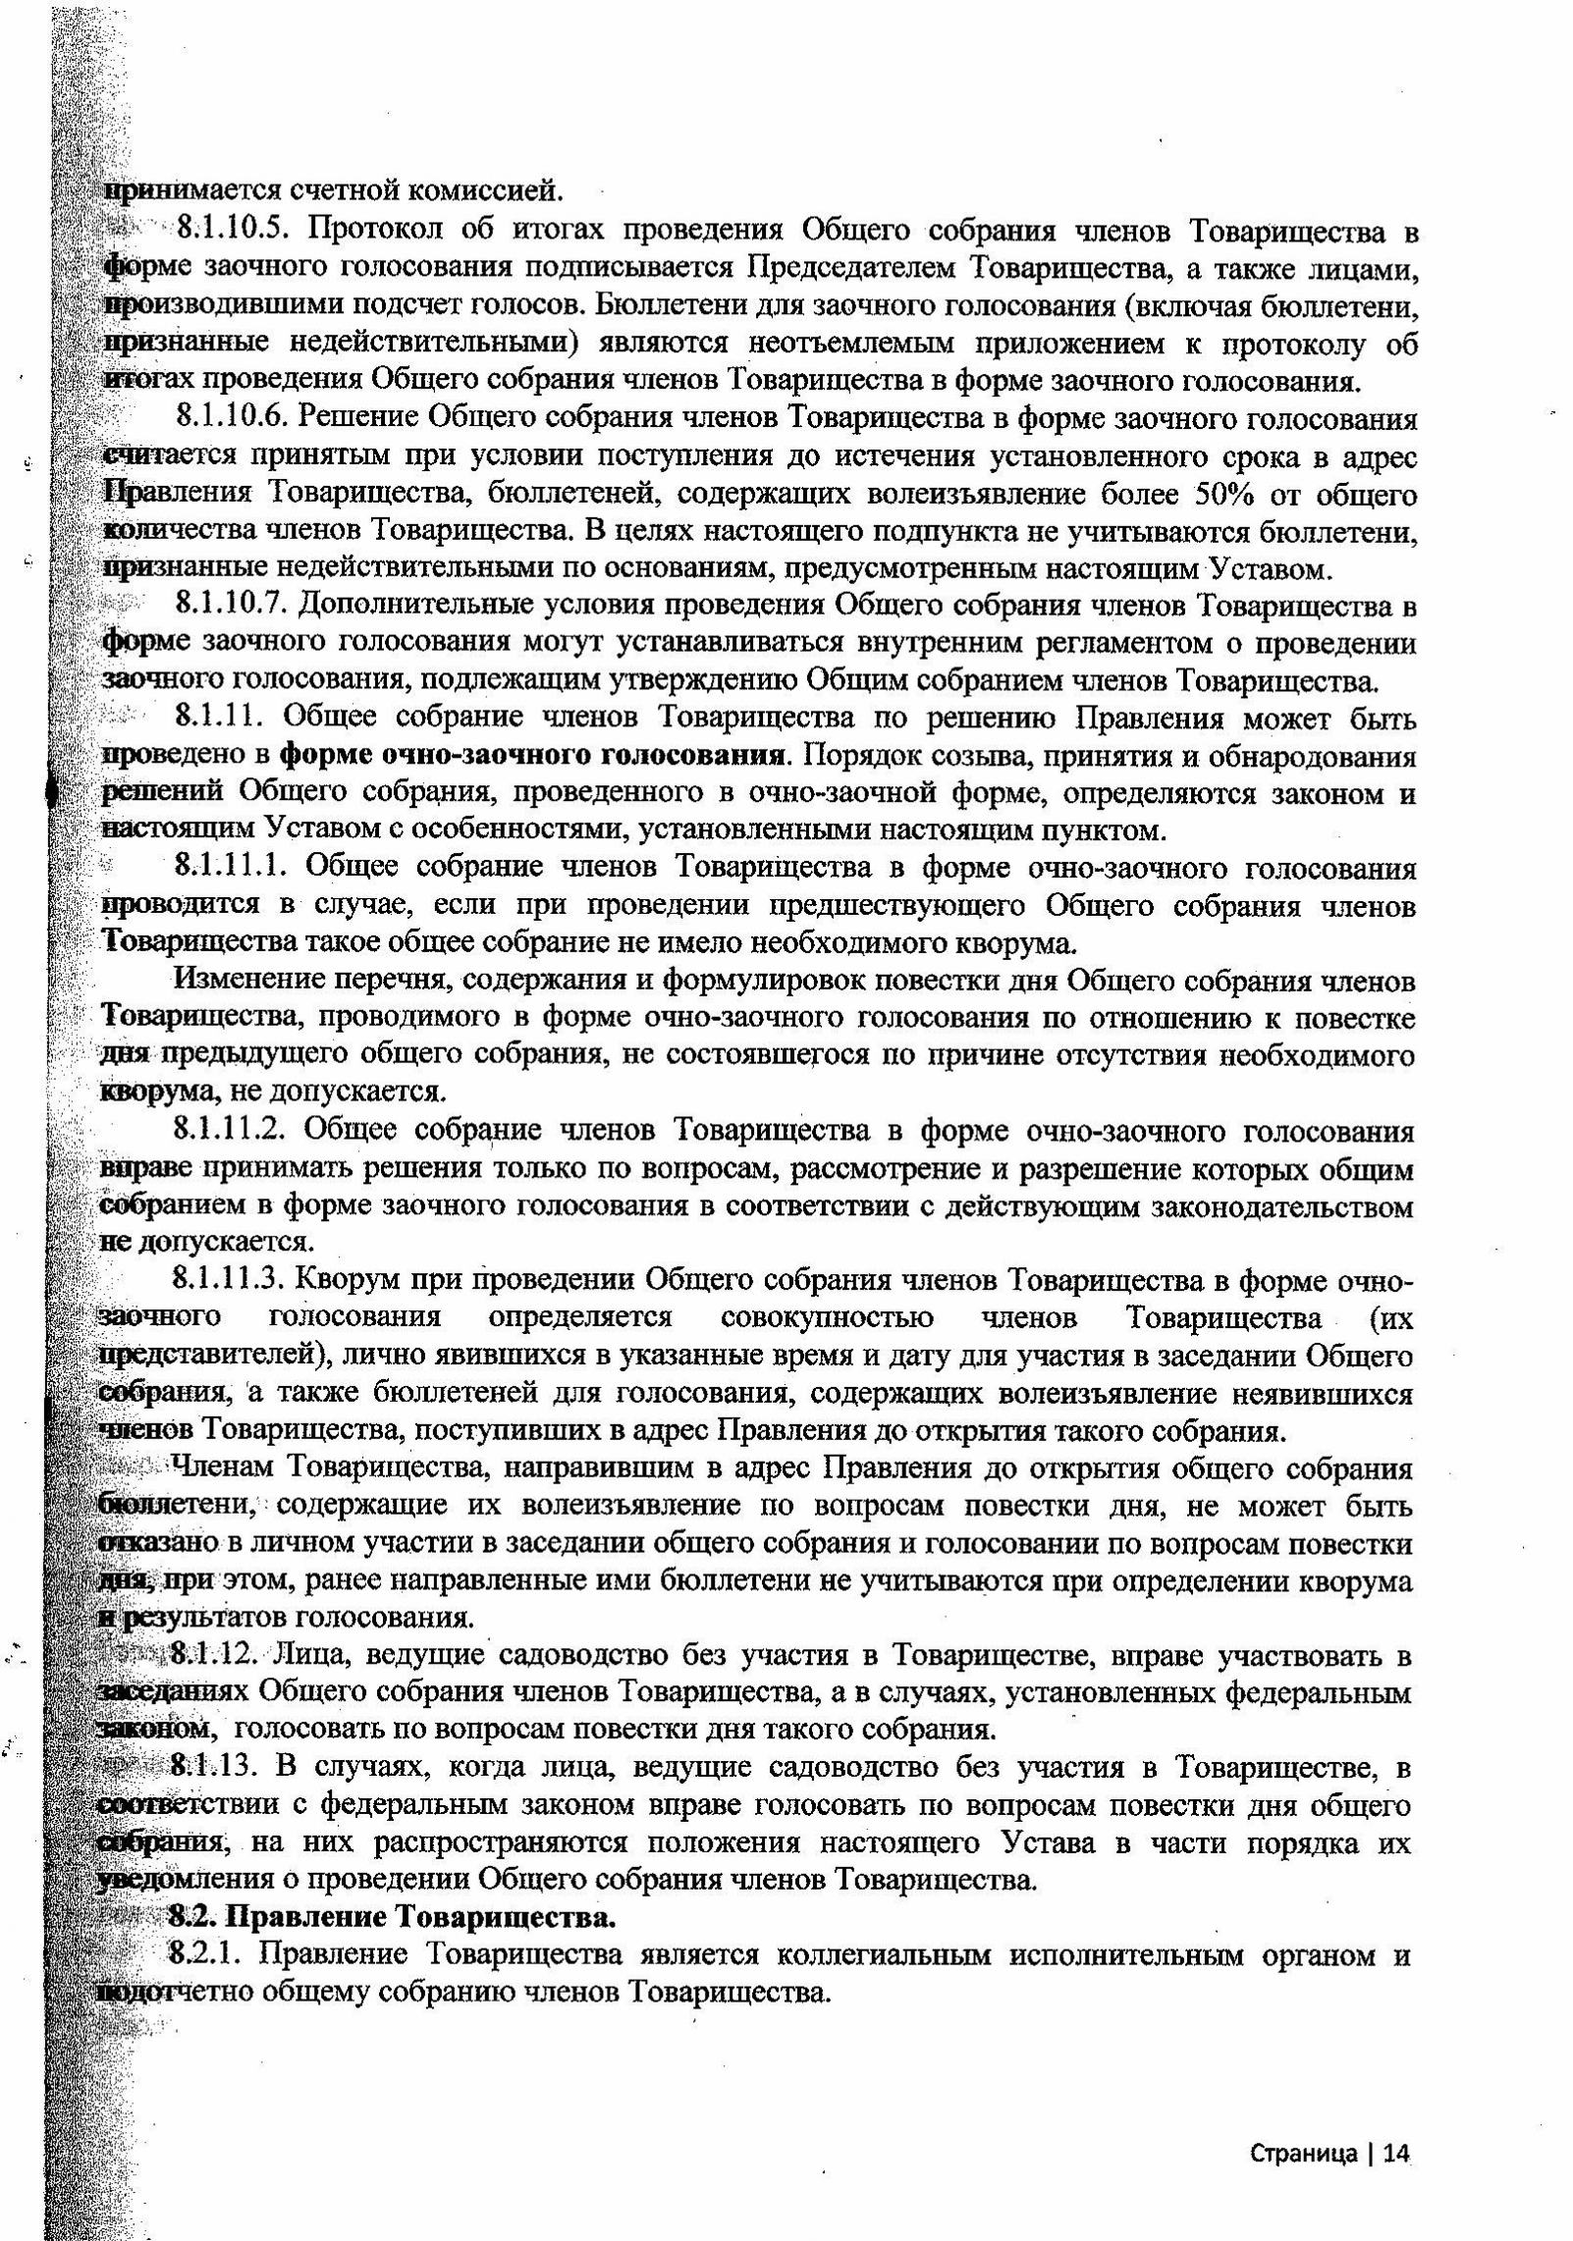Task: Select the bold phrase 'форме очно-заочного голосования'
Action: [x=534, y=757]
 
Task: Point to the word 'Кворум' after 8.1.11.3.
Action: [x=349, y=1281]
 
